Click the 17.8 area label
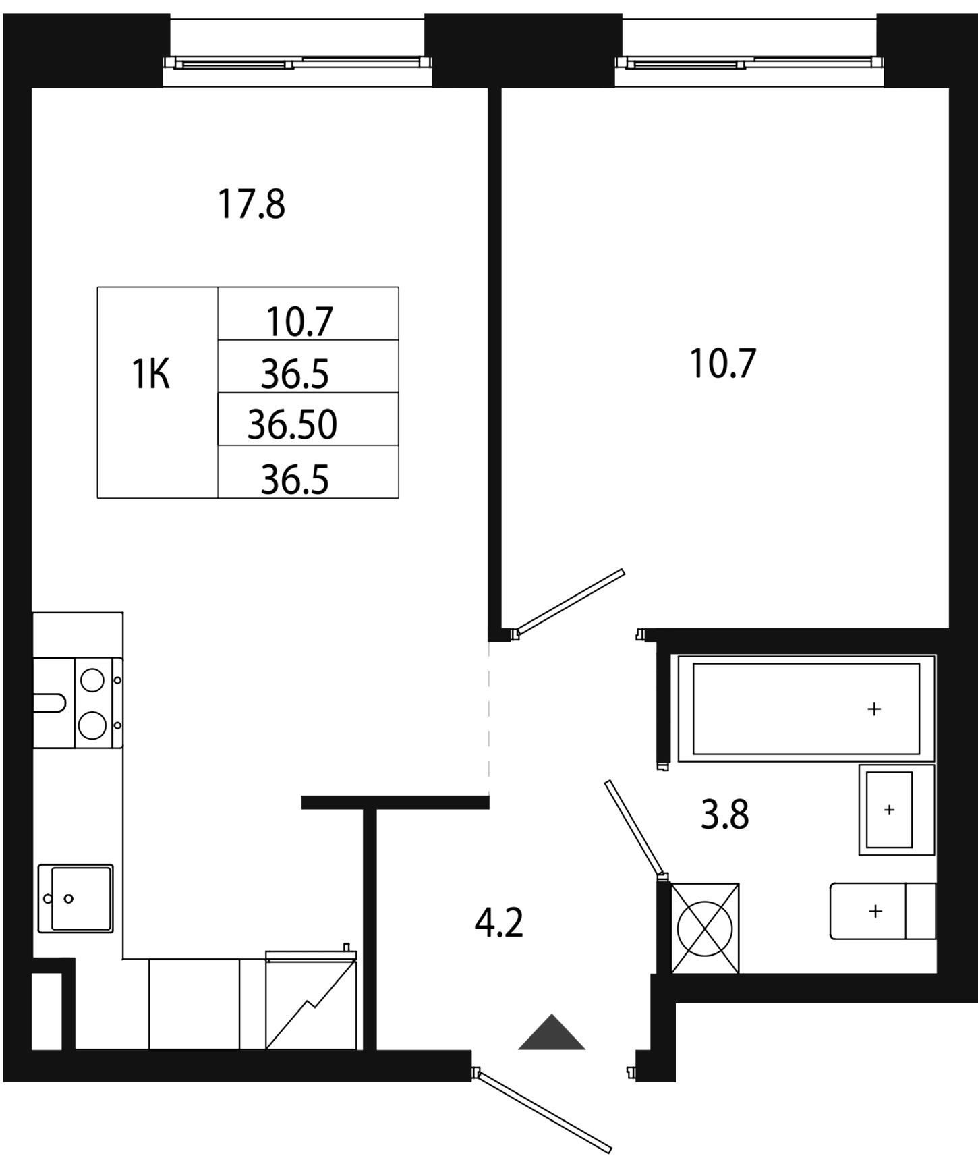pyautogui.click(x=252, y=204)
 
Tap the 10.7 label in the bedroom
pyautogui.click(x=723, y=363)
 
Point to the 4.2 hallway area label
pyautogui.click(x=499, y=922)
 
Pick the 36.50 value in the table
pyautogui.click(x=292, y=425)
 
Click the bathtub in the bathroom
pyautogui.click(x=807, y=708)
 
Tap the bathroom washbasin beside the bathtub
pyautogui.click(x=896, y=810)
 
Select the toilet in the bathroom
pyautogui.click(x=883, y=911)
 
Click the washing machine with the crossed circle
pyautogui.click(x=705, y=929)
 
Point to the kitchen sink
pyautogui.click(x=76, y=898)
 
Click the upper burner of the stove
pyautogui.click(x=92, y=680)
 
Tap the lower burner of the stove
pyautogui.click(x=92, y=725)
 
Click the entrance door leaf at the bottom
pyautogui.click(x=544, y=1110)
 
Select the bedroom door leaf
pyautogui.click(x=569, y=603)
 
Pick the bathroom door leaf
pyautogui.click(x=634, y=828)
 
